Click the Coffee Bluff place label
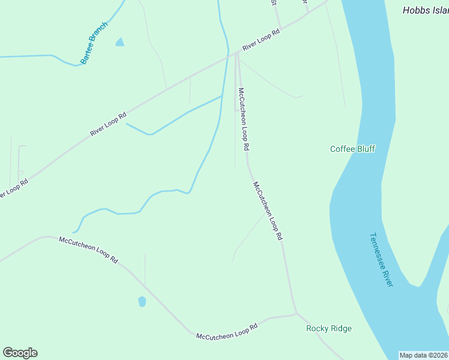tap(352, 149)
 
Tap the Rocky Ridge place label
tap(328, 328)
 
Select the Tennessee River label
tap(381, 259)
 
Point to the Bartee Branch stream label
tap(95, 43)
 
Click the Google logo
tap(20, 353)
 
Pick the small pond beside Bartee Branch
tap(120, 42)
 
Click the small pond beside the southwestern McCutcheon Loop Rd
tap(142, 301)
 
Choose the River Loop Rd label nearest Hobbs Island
tap(262, 41)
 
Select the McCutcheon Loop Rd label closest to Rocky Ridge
tap(227, 332)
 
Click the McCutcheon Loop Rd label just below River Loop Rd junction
tap(243, 119)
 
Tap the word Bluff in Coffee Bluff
tap(365, 149)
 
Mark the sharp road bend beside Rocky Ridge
tap(296, 313)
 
